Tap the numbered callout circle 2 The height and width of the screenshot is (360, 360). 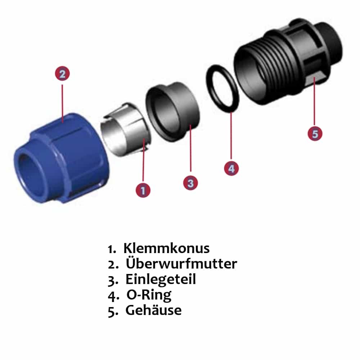tap(62, 74)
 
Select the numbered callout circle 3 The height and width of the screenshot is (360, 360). tap(190, 183)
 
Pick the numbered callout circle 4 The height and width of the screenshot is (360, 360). tap(231, 168)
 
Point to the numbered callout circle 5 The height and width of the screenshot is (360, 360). tap(315, 134)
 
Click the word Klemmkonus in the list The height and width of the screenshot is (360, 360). tap(166, 248)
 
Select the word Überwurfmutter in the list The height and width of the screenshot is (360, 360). tap(181, 264)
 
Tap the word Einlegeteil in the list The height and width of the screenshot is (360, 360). tap(161, 280)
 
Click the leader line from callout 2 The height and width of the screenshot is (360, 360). tap(62, 101)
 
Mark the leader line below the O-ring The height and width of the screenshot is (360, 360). tap(231, 137)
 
